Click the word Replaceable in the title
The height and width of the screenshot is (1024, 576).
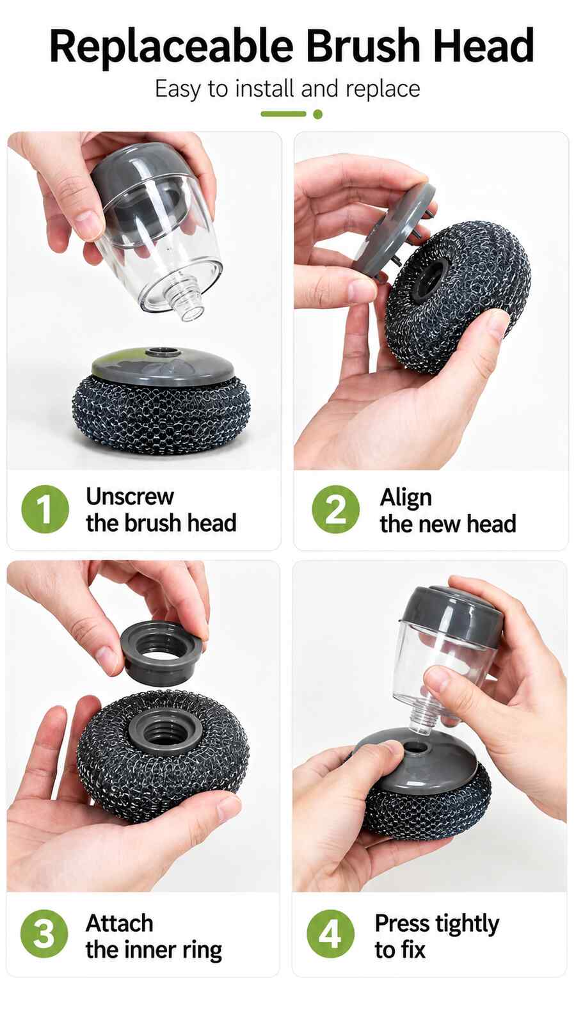(172, 46)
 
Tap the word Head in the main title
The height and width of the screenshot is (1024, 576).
(484, 45)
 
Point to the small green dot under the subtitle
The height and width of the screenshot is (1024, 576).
(317, 115)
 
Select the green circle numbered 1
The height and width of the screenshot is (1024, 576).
(45, 509)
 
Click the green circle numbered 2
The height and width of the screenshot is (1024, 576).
(336, 509)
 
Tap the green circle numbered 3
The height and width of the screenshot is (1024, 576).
(44, 934)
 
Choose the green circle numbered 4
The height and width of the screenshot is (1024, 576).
(330, 934)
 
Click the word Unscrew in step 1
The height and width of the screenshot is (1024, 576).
(130, 497)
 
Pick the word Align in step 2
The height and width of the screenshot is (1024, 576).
(406, 499)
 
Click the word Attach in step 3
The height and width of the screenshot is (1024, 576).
(119, 923)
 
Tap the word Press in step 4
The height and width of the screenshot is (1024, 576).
(402, 923)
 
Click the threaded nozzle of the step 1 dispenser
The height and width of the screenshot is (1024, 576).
(188, 303)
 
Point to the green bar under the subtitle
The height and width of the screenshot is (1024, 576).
(284, 114)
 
